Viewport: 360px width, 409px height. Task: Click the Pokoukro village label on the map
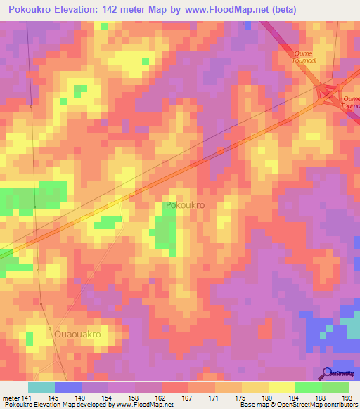pos(185,206)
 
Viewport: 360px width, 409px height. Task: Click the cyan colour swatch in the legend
pos(41,387)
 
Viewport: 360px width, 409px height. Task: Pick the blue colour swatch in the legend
pos(68,387)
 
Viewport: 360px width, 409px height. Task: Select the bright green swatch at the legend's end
pos(335,387)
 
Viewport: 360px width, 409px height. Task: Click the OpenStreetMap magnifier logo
pos(327,373)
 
